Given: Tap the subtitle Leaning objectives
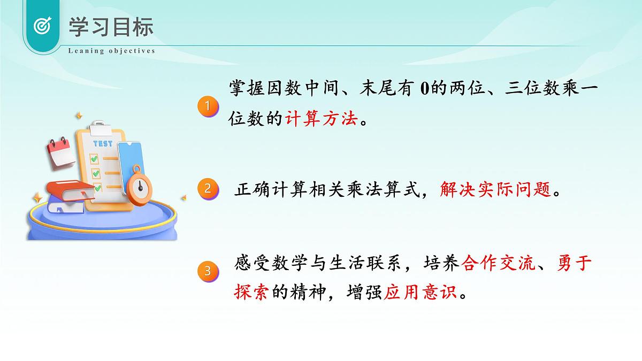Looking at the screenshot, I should click(111, 51).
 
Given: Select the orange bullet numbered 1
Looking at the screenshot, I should click(208, 105).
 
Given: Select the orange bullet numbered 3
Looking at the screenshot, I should click(208, 271).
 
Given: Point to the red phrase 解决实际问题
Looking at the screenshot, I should click(495, 189).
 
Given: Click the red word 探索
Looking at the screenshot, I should click(250, 293).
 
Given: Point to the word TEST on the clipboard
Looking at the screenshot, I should click(103, 144).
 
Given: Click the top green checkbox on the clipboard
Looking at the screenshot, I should click(94, 159).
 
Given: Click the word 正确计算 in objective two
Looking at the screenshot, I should click(266, 189).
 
